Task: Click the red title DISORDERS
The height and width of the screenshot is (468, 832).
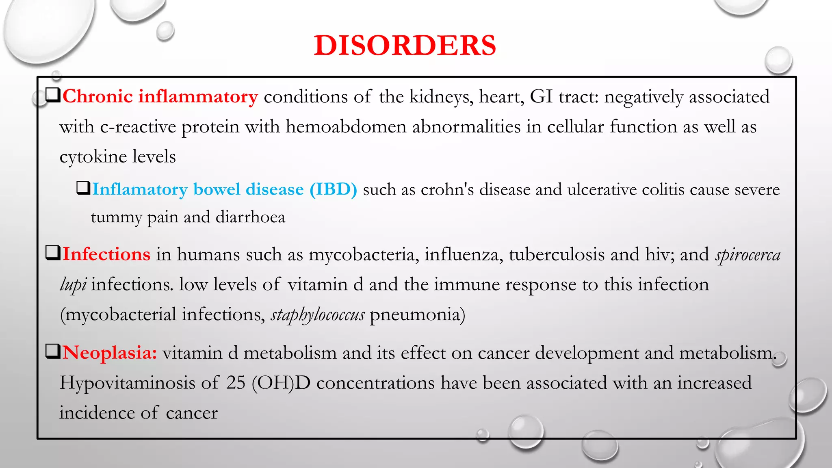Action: [405, 45]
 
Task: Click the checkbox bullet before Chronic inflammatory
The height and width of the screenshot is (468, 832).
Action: [53, 95]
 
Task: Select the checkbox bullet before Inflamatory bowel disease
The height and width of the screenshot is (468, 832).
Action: [83, 188]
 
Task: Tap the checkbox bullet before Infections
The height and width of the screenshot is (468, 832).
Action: [53, 253]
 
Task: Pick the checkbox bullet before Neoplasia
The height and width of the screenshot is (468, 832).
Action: [53, 351]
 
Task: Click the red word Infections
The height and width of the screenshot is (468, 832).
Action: [106, 254]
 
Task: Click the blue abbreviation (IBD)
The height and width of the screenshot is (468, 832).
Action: [333, 189]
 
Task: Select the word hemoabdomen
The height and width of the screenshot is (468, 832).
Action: [346, 127]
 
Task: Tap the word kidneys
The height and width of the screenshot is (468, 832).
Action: [441, 97]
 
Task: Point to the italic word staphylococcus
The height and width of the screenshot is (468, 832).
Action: [318, 315]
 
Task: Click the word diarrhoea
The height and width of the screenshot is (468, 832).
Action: [250, 217]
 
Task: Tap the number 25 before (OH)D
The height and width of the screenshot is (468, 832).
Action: [236, 383]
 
